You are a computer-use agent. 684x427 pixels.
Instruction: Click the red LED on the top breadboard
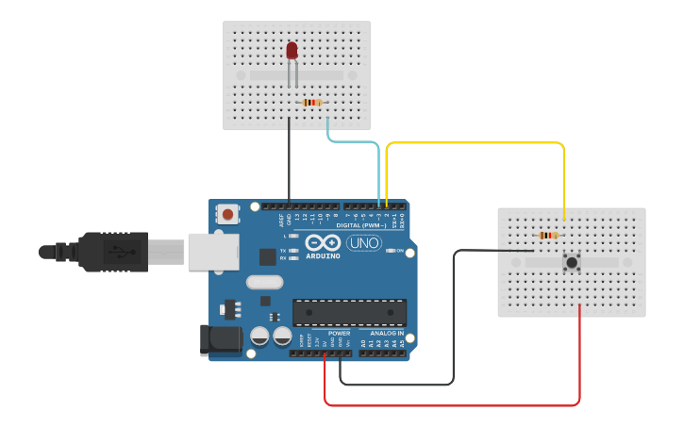tap(292, 50)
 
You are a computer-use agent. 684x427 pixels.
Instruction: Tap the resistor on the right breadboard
tap(547, 236)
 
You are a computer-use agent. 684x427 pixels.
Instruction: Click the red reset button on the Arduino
tap(228, 214)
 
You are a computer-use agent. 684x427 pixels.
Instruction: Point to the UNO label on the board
tap(364, 243)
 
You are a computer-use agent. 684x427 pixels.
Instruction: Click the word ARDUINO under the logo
tap(324, 256)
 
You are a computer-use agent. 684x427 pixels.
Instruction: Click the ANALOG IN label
tap(387, 334)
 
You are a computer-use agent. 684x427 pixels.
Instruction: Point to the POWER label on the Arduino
tap(339, 334)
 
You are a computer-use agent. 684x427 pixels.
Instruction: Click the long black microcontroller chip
tap(349, 312)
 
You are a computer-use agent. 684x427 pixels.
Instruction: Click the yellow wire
tap(472, 143)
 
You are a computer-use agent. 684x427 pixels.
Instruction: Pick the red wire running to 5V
tap(453, 405)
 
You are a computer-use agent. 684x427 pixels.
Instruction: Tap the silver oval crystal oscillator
tap(264, 282)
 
